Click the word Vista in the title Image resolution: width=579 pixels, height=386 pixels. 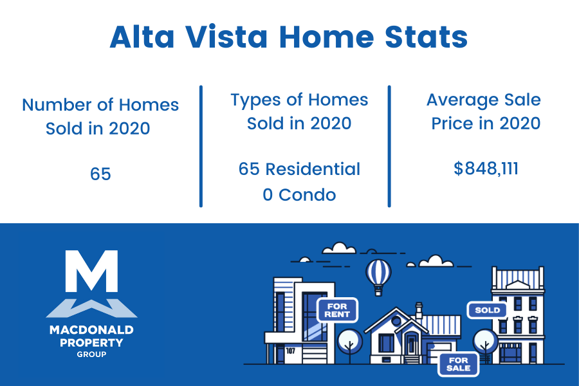226,37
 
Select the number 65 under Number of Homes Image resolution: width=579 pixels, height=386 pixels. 100,174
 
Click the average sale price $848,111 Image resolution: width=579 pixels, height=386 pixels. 486,169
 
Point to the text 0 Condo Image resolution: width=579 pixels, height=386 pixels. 299,195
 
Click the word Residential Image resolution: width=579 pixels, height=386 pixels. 313,169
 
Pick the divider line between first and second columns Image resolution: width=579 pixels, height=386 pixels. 201,146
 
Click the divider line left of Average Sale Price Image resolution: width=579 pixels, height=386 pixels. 389,146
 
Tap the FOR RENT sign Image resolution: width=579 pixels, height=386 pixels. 337,310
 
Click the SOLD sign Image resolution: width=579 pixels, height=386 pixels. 487,310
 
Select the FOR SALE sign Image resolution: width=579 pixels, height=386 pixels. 458,364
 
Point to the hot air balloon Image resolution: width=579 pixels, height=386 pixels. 378,277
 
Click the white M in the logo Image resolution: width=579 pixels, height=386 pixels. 91,271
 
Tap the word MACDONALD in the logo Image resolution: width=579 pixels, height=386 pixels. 91,329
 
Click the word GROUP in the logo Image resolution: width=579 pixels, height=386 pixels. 91,354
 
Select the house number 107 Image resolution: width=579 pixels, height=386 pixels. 291,350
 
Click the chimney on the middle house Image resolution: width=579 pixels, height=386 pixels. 419,311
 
